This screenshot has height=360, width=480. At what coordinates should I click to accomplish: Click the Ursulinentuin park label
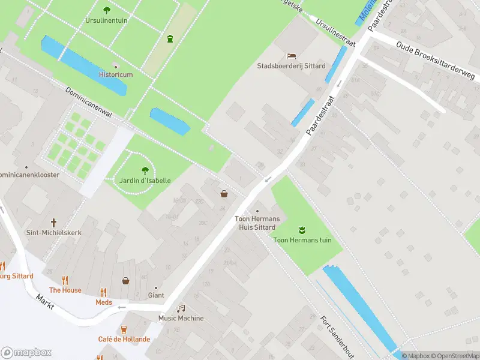[x=106, y=20]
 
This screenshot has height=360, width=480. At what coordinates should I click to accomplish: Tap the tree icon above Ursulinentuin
[x=107, y=10]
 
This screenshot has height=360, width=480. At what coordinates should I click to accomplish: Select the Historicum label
[x=115, y=74]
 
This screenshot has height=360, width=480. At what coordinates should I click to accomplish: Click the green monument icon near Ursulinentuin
[x=170, y=39]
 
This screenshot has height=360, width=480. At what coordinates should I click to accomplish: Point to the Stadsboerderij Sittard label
[x=291, y=66]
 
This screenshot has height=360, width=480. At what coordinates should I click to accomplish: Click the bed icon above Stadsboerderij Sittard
[x=292, y=55]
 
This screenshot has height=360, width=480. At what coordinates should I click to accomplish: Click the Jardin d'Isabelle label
[x=144, y=181]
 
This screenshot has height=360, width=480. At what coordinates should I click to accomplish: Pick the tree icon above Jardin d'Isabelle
[x=144, y=170]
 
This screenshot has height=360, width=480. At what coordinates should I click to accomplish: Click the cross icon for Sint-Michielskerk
[x=53, y=221]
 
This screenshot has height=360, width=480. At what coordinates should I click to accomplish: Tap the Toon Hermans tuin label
[x=302, y=240]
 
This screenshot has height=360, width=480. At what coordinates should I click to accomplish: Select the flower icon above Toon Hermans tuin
[x=302, y=229]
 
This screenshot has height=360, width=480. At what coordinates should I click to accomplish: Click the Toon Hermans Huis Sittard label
[x=257, y=223]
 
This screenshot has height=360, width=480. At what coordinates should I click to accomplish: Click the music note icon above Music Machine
[x=181, y=308]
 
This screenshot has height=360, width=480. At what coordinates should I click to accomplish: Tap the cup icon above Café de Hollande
[x=124, y=329]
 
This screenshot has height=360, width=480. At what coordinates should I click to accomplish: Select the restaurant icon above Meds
[x=104, y=292]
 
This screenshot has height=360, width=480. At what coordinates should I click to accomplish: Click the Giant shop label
[x=155, y=295]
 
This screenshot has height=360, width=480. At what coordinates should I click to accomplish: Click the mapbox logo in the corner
[x=27, y=353]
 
